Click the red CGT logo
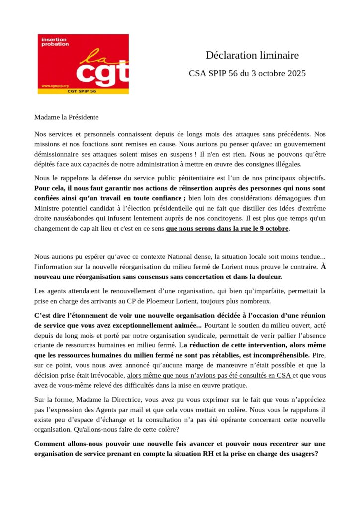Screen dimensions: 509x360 tap(83, 64)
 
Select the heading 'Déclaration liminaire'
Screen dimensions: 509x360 tap(252, 55)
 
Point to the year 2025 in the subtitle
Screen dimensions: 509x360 tap(295, 73)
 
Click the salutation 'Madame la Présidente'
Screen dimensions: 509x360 tap(67, 117)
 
